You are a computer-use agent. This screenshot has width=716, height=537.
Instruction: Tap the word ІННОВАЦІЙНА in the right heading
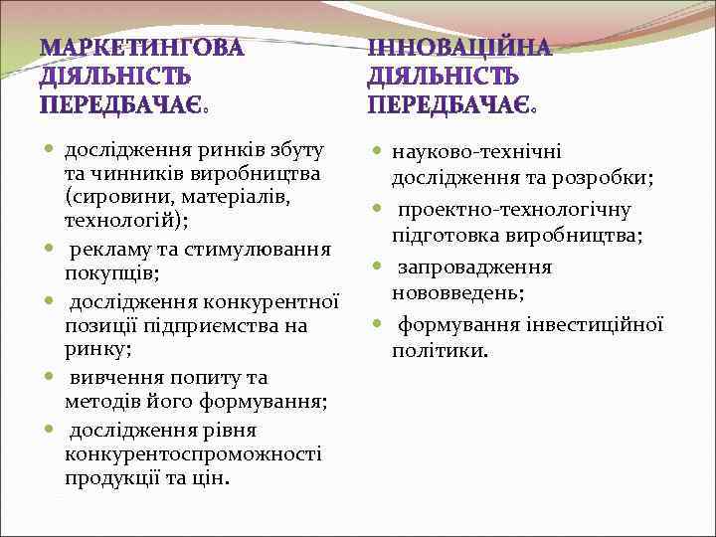pos(459,50)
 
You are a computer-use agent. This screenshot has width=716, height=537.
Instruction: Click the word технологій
pos(115,220)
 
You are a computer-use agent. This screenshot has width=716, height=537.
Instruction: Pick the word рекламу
pos(105,247)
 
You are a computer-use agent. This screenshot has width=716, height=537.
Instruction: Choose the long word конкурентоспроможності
pos(193,453)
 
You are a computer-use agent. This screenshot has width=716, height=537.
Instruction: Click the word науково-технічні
pos(476,152)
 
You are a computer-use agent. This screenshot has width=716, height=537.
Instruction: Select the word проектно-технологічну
pos(515,211)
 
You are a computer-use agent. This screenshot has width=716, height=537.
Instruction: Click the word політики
pos(441,350)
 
